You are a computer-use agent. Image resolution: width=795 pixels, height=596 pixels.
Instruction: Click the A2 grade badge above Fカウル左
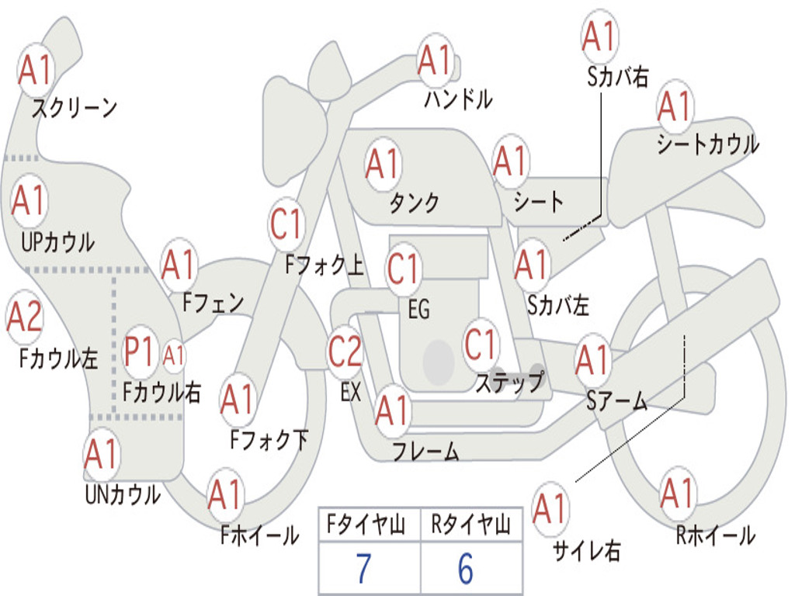[24, 317]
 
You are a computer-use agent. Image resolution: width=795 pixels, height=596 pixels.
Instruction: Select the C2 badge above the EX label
[345, 352]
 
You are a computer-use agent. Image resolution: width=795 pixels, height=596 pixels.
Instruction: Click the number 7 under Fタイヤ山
[363, 570]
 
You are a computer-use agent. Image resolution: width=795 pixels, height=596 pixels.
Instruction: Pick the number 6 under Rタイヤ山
[465, 570]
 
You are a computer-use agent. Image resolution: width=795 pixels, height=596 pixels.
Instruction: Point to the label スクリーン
[74, 108]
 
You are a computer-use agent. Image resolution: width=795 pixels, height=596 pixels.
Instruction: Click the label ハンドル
[458, 99]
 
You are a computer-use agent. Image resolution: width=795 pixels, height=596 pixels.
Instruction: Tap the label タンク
[414, 203]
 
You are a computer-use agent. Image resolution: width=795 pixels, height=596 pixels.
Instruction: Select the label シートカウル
[707, 144]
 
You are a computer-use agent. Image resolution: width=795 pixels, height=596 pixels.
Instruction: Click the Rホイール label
[715, 535]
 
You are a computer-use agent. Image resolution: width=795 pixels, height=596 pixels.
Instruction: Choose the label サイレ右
[587, 551]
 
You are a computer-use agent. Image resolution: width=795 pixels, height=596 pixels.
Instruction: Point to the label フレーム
[425, 451]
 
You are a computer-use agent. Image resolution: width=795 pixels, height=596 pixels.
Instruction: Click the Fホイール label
[259, 535]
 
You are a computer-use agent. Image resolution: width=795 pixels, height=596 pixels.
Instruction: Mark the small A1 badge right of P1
[174, 355]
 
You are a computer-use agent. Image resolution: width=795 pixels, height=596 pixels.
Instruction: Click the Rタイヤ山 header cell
[470, 525]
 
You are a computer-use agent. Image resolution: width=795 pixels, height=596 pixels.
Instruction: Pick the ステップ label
[509, 382]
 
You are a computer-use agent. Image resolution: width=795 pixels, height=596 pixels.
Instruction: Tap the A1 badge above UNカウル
[101, 454]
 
